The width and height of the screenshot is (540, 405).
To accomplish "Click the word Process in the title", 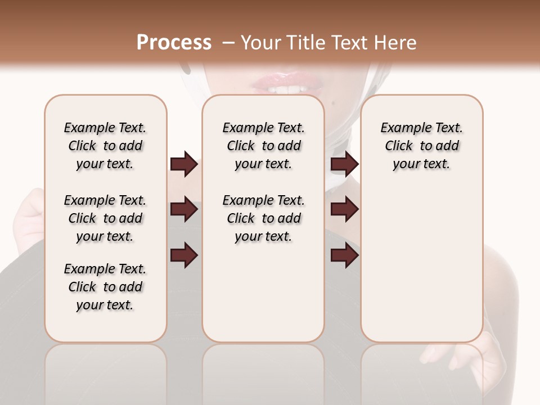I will click(174, 43).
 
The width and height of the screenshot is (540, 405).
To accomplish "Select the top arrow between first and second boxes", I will click(184, 164).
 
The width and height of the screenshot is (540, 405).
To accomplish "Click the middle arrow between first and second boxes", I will click(184, 210).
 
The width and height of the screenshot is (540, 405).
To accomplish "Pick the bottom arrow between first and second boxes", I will click(184, 255).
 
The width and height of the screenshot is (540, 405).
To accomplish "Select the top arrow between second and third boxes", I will click(344, 164).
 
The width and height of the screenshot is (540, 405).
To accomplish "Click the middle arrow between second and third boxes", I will click(344, 210).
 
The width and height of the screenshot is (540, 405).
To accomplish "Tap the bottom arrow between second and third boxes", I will click(344, 255).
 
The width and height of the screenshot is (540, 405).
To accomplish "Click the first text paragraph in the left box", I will click(105, 146).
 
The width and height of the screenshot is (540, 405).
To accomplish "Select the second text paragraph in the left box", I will click(105, 218).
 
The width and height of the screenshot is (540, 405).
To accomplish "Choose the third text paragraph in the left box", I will click(105, 287).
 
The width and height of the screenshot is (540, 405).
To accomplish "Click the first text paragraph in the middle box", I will click(263, 146).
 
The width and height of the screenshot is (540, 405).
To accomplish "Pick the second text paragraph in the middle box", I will click(263, 218).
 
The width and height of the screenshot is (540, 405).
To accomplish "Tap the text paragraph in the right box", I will click(421, 146).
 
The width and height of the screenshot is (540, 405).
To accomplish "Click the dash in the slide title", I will click(228, 43).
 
